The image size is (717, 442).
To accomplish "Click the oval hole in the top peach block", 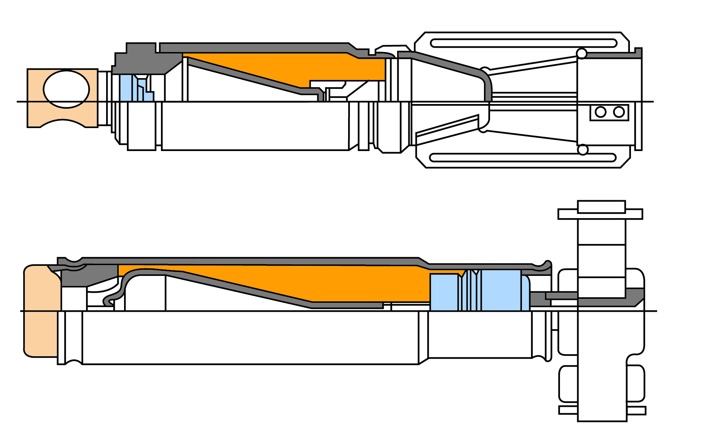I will point(66,89).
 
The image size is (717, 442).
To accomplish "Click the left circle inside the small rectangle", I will point(600,112).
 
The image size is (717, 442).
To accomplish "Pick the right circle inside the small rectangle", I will point(619,112).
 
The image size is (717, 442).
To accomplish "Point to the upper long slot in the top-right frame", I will point(523,43).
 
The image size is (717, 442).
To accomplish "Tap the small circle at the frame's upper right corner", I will point(581,54).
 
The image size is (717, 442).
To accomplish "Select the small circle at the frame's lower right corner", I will point(583,150).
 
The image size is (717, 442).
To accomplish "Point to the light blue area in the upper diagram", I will point(125,88).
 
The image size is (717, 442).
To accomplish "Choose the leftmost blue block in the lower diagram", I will point(444,292).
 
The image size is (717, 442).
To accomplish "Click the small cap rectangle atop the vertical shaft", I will point(601,207).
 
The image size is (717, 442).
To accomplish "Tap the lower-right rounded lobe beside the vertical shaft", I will point(636,383).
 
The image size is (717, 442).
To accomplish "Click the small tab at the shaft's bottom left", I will point(568,410).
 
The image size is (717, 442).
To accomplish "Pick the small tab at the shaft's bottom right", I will point(637,410).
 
